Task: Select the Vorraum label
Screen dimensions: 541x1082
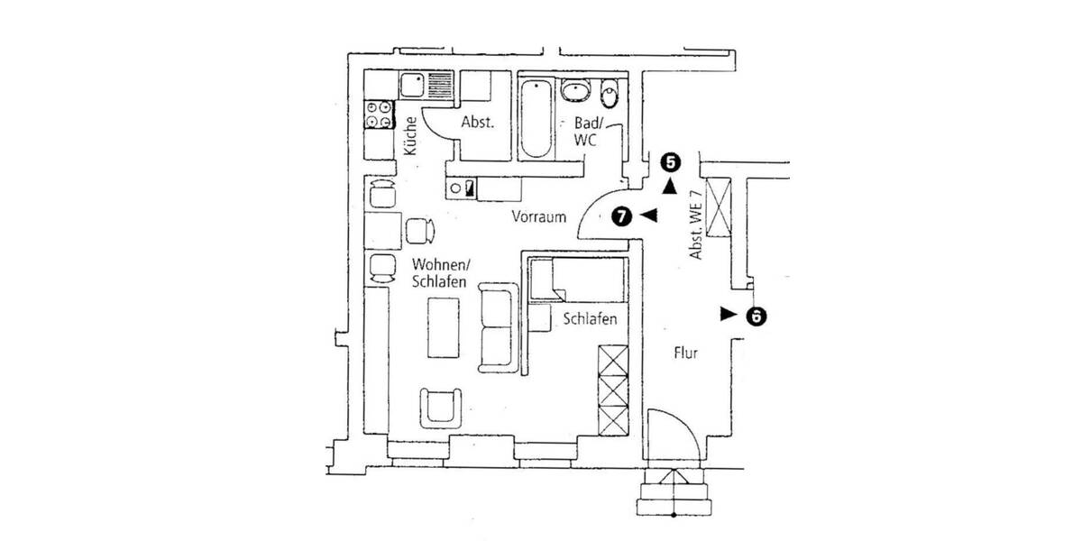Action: coord(538,216)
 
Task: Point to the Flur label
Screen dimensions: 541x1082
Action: coord(686,353)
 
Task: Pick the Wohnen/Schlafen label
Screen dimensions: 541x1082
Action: coord(439,273)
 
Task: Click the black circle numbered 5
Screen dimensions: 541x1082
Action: coord(669,162)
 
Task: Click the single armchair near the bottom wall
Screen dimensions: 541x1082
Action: coord(441,407)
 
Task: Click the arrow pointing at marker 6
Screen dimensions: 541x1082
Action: coord(727,314)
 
